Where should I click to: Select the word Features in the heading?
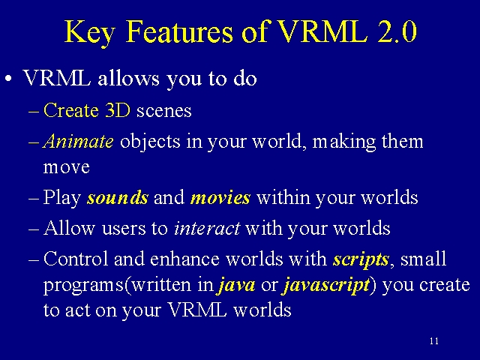(x=180, y=31)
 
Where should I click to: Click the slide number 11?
(x=434, y=341)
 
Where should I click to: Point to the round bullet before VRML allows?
(x=8, y=79)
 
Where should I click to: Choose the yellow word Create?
(x=71, y=110)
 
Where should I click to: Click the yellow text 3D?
(x=118, y=110)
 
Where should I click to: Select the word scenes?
(x=164, y=111)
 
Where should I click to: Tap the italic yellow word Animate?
(x=78, y=141)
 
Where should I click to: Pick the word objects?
(x=150, y=142)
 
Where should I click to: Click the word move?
(x=67, y=168)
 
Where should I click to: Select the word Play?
(x=62, y=198)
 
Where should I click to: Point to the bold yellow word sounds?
(x=118, y=197)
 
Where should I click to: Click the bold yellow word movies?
(x=220, y=197)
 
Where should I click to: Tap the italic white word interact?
(x=207, y=228)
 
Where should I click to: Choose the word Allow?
(x=69, y=228)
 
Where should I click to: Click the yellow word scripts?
(x=361, y=259)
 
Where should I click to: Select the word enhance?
(x=185, y=259)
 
